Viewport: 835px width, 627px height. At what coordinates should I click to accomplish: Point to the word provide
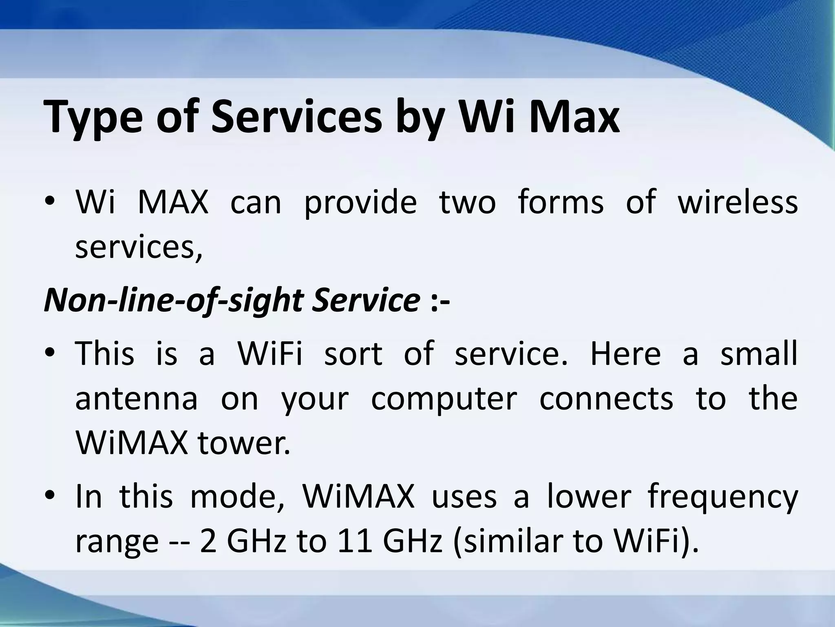(x=360, y=203)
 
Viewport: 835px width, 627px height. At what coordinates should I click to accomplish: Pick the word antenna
(x=137, y=398)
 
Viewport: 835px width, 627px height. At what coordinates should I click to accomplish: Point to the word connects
(x=606, y=398)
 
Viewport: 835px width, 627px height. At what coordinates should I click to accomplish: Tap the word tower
(x=244, y=443)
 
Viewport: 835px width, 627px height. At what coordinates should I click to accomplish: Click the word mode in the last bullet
(x=238, y=497)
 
